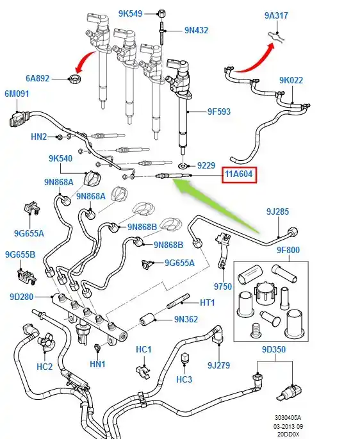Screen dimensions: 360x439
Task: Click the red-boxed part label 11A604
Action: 239,174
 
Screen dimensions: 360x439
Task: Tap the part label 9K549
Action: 130,13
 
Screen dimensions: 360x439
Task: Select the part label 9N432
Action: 196,30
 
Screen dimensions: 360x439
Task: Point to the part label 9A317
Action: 276,15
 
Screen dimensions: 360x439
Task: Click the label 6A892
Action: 38,78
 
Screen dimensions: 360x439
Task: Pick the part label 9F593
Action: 219,112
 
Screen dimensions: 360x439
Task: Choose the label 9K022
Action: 291,80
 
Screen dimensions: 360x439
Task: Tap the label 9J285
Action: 278,211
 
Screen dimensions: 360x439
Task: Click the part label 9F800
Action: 288,250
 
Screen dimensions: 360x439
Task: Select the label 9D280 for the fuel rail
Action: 22,297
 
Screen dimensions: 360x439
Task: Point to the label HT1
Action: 207,302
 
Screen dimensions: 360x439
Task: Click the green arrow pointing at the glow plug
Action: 216,206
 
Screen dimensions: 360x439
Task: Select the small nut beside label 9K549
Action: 161,13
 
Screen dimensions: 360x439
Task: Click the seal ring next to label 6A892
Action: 75,78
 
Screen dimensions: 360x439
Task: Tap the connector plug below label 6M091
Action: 17,120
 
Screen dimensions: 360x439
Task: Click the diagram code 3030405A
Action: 288,418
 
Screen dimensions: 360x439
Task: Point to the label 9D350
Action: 274,349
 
